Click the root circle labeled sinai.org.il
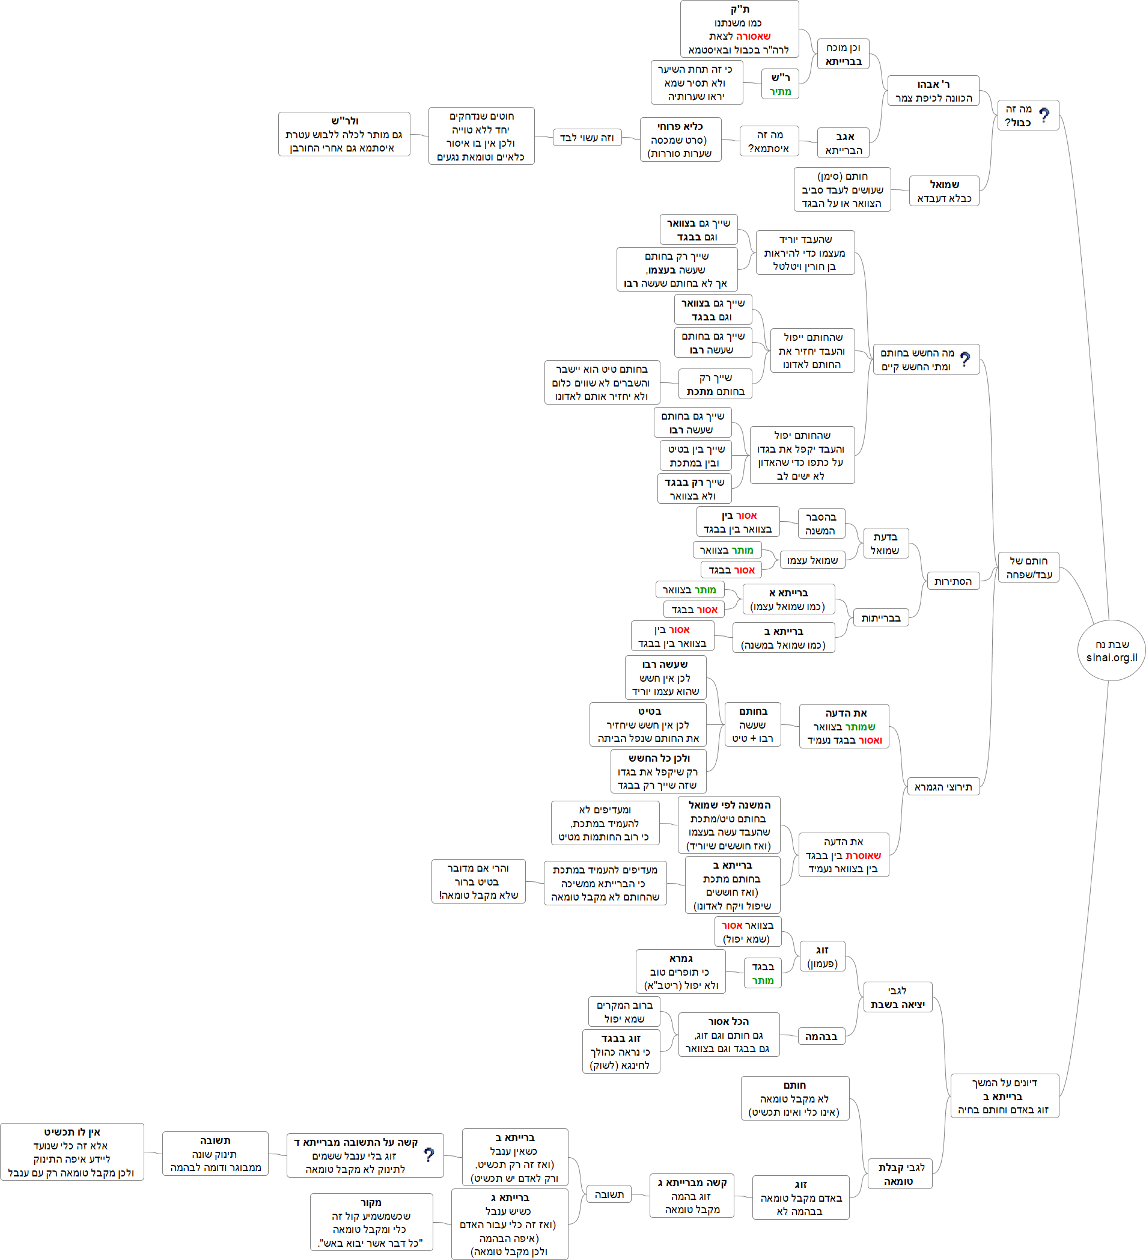[x=1111, y=650]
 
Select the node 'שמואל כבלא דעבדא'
[x=943, y=191]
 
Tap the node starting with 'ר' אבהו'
[x=933, y=91]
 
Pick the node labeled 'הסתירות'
[x=952, y=581]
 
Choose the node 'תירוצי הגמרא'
[x=943, y=787]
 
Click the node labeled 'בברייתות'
[x=880, y=618]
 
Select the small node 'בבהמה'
[x=821, y=1036]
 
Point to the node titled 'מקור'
[x=371, y=1222]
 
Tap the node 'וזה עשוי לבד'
[x=587, y=138]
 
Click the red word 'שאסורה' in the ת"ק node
[x=754, y=36]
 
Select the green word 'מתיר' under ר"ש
[x=780, y=91]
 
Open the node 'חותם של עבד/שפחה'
[x=1028, y=567]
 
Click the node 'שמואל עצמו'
[x=812, y=560]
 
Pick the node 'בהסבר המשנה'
[x=821, y=524]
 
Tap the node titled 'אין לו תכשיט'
[x=72, y=1152]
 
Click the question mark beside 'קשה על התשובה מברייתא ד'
[x=428, y=1154]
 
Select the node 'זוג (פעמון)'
[x=822, y=956]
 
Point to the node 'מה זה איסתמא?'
[x=769, y=142]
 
